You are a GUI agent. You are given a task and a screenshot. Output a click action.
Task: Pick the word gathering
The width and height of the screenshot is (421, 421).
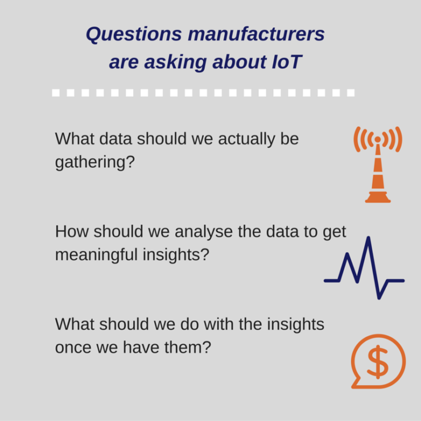coord(94,163)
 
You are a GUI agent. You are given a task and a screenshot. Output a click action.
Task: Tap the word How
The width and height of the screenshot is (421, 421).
coord(72,232)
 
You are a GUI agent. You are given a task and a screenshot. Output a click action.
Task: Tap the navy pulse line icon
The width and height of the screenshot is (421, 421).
coord(364,267)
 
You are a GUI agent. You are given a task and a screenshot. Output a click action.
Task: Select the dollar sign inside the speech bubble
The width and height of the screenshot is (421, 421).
coord(377,362)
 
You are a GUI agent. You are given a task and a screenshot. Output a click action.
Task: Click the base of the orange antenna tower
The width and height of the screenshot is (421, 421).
coord(378,198)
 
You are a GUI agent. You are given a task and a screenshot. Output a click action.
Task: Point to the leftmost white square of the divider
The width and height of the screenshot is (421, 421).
coord(56,93)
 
